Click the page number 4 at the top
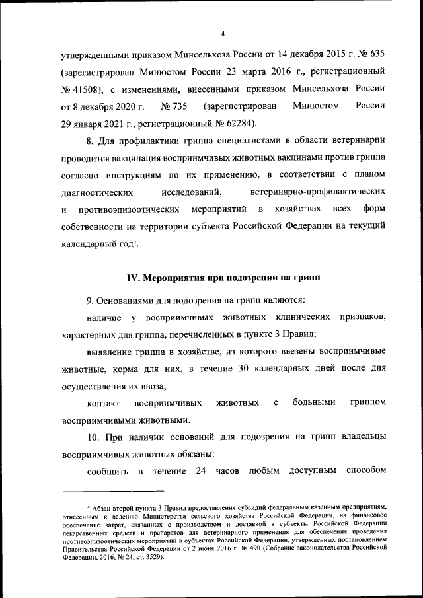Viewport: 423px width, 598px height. point(223,34)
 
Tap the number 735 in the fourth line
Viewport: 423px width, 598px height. point(178,106)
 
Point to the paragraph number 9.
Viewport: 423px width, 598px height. point(91,301)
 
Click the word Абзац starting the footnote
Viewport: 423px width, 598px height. point(106,507)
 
